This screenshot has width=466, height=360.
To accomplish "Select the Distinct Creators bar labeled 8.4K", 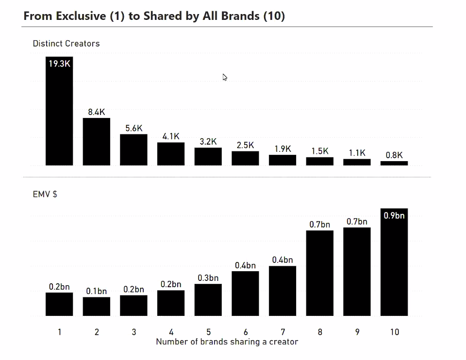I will point(97,142).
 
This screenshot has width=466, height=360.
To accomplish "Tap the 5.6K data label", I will point(133,128).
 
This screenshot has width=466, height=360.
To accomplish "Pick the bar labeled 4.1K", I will point(171,154).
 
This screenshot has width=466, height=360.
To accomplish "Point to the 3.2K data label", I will point(208,142).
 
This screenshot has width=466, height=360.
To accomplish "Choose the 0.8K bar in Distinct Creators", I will point(394,163).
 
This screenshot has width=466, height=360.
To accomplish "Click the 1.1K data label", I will point(357,153).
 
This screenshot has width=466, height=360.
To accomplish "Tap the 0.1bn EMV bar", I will point(97,307).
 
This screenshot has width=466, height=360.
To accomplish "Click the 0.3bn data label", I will point(208,278).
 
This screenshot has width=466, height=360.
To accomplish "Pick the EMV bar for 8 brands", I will point(320,273).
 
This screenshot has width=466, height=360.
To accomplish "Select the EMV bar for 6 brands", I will point(245,294).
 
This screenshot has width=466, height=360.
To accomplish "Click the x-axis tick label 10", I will point(394,332).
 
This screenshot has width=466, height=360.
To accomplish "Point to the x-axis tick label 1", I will point(59,332).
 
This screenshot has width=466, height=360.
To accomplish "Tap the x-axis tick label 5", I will point(208,332).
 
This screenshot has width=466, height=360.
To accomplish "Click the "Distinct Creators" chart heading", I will point(66,44).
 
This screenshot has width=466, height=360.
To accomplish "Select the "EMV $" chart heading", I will point(45,195).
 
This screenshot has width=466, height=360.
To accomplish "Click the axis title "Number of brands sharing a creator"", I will point(227,342).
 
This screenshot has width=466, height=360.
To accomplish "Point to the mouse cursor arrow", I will point(225,77).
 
